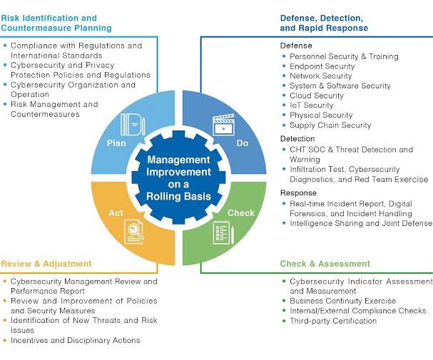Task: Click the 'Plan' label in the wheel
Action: point(116,143)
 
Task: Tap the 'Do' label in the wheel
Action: point(243,143)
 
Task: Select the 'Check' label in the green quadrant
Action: point(241,213)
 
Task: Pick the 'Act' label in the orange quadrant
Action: point(116,213)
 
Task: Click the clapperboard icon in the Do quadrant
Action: point(223,125)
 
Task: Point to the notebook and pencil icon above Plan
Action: point(133,124)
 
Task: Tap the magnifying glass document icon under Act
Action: point(134,232)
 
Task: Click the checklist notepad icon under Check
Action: point(223,232)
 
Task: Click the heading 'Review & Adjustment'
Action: point(46,264)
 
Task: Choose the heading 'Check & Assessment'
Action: point(325,264)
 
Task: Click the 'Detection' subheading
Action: point(297,138)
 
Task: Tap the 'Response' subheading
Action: point(298,192)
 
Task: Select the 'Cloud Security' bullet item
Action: point(317,96)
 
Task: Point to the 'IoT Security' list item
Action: point(312,105)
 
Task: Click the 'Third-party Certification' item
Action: point(333,321)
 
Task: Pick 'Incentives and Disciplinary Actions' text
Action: point(76,340)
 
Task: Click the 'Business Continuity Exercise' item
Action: point(342,301)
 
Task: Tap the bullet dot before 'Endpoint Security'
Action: point(284,66)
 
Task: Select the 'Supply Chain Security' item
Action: point(330,125)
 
